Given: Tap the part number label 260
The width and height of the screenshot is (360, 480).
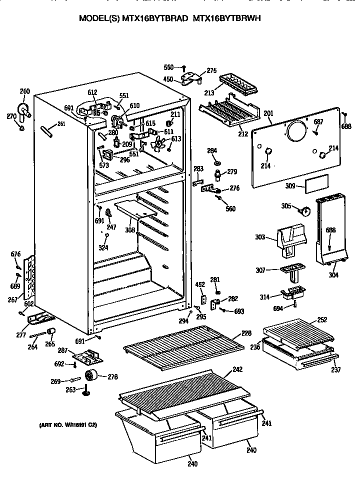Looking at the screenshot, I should click(x=24, y=91).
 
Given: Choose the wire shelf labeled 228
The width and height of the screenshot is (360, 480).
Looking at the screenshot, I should click(x=182, y=347).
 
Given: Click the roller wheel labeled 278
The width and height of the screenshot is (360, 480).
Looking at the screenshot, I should click(x=91, y=376).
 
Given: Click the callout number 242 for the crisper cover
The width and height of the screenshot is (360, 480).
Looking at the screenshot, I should click(x=237, y=370).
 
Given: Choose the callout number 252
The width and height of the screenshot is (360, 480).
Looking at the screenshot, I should click(x=322, y=319).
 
